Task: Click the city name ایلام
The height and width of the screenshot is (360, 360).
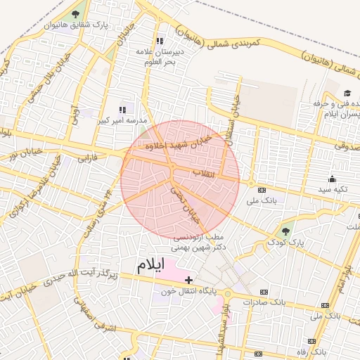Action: pyautogui.click(x=150, y=265)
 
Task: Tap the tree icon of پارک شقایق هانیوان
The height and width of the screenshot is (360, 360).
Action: pyautogui.click(x=75, y=14)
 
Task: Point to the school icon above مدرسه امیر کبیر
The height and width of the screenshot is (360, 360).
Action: pyautogui.click(x=122, y=109)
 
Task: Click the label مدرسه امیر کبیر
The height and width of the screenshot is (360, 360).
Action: pyautogui.click(x=122, y=120)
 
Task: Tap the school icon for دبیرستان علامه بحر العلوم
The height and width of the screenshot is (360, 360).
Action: pyautogui.click(x=160, y=41)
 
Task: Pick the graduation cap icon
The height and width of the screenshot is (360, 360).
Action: pyautogui.click(x=347, y=94)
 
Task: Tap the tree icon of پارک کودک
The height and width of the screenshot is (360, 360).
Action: pyautogui.click(x=285, y=231)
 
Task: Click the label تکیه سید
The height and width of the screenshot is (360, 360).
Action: pyautogui.click(x=333, y=190)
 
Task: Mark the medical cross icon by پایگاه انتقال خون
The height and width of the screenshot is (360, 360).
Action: pyautogui.click(x=188, y=280)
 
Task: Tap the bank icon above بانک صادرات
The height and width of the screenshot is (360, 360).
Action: pyautogui.click(x=264, y=292)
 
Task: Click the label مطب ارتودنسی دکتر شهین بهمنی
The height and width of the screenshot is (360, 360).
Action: pyautogui.click(x=200, y=243)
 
